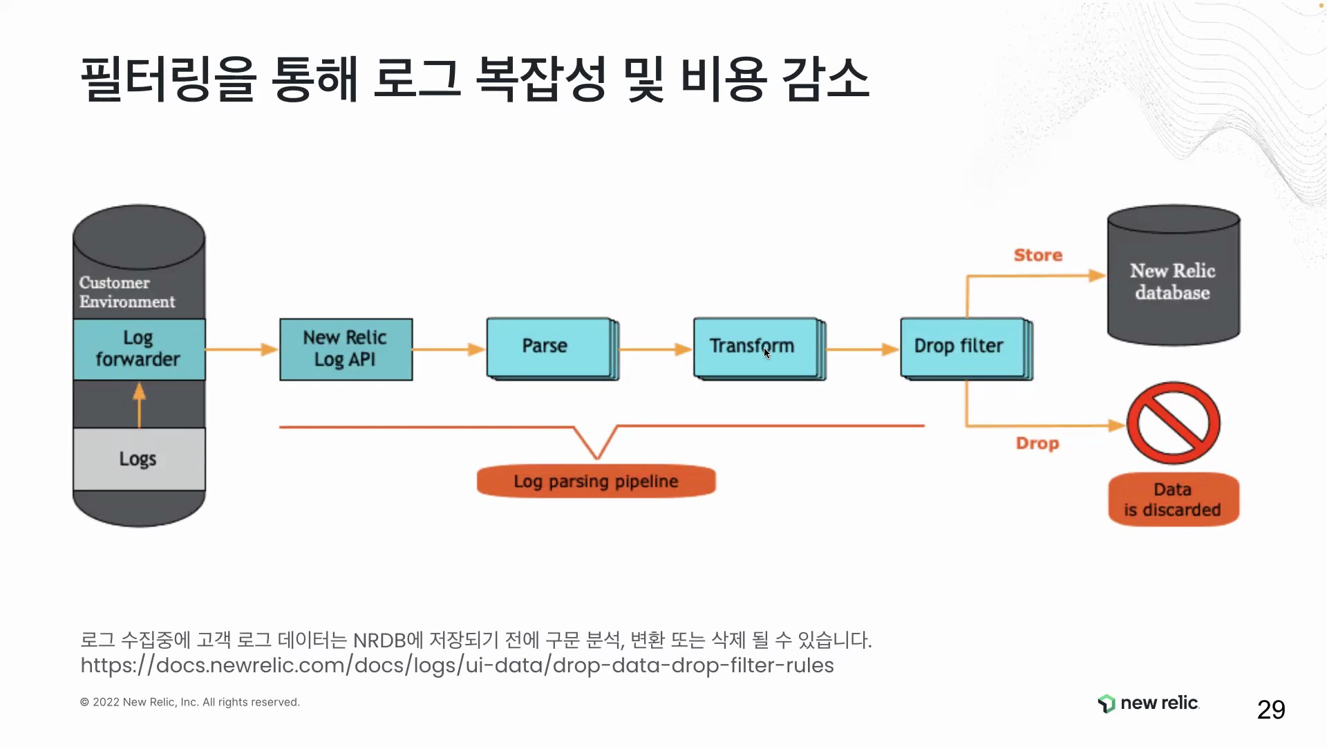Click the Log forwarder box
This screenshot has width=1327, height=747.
pyautogui.click(x=139, y=349)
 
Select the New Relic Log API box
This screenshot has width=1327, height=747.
pyautogui.click(x=346, y=349)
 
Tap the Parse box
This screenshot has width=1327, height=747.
pyautogui.click(x=552, y=349)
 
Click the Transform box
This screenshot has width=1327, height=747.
pyautogui.click(x=760, y=349)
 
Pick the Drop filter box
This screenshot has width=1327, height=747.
pyautogui.click(x=966, y=349)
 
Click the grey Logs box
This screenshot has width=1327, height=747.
pyautogui.click(x=139, y=459)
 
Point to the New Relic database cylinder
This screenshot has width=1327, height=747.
pyautogui.click(x=1174, y=275)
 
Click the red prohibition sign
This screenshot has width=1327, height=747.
pyautogui.click(x=1174, y=423)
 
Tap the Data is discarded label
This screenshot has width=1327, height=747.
pyautogui.click(x=1174, y=499)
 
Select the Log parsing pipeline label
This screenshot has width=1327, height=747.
pyautogui.click(x=596, y=481)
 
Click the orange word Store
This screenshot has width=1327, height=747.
pyautogui.click(x=1038, y=255)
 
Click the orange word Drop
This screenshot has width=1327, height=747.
pyautogui.click(x=1037, y=443)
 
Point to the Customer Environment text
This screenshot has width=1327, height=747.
pyautogui.click(x=127, y=292)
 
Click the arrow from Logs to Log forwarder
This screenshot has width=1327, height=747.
pyautogui.click(x=140, y=405)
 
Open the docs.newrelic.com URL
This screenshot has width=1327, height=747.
pyautogui.click(x=458, y=665)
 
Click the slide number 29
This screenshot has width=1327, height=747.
pyautogui.click(x=1271, y=710)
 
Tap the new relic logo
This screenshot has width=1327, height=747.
pyautogui.click(x=1148, y=703)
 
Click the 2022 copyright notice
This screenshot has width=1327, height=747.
pyautogui.click(x=190, y=702)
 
